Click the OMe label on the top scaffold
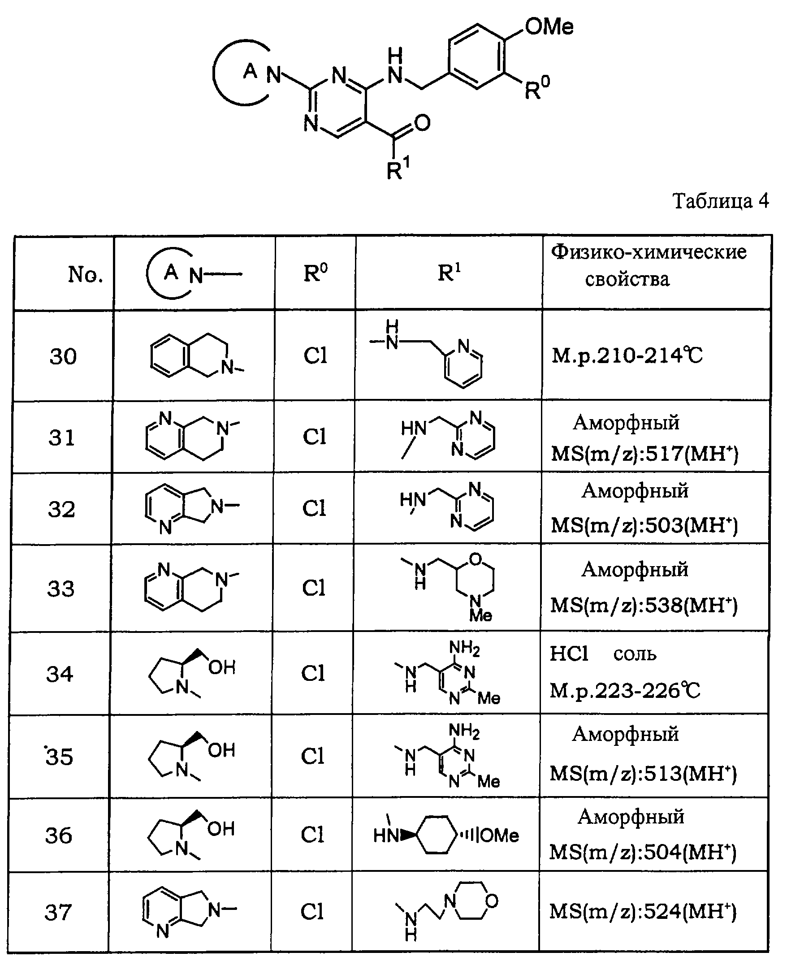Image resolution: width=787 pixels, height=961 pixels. coord(549,26)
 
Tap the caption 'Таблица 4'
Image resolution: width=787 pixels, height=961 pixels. coord(720,201)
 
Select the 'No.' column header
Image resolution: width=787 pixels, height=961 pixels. coord(85,274)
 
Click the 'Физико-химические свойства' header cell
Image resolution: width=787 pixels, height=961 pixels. coord(648,265)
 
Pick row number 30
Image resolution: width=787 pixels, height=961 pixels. coord(63,356)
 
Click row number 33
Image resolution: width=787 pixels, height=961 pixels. coord(61,589)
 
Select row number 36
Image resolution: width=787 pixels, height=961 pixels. coord(59,835)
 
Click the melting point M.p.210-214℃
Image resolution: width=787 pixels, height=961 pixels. coord(627,356)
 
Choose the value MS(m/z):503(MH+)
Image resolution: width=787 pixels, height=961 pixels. coord(644,525)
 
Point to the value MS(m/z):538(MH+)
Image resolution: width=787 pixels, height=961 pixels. coord(644,605)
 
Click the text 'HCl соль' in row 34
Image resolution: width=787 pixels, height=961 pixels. coord(602,654)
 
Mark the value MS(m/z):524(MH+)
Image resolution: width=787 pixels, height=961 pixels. coord(643,911)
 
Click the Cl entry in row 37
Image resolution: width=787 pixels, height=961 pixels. coord(312,911)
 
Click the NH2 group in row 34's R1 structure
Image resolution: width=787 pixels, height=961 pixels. coord(464,649)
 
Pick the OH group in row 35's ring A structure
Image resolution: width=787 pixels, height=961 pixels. coord(222,750)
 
